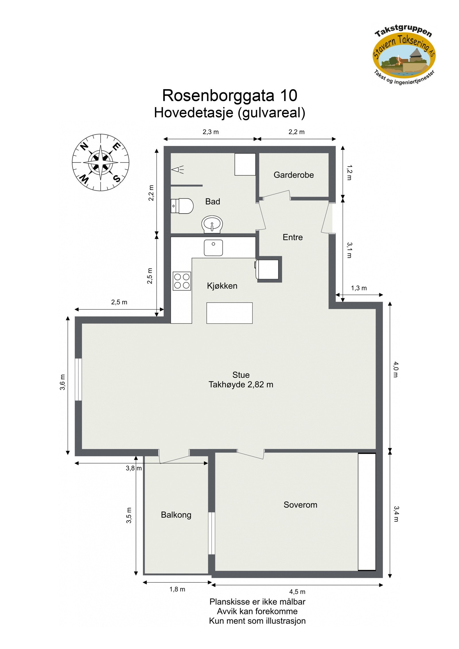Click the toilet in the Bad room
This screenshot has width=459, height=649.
tap(182, 206)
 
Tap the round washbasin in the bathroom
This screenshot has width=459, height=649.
tap(212, 224)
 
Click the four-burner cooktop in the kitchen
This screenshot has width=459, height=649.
tap(182, 281)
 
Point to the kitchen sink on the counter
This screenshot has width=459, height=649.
tap(213, 247)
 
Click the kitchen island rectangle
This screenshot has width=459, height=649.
tap(229, 313)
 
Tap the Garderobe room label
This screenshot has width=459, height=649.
tap(293, 175)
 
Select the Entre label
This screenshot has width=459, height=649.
tap(292, 237)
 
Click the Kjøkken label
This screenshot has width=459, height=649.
tap(222, 286)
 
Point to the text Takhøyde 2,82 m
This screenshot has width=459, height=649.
tap(241, 385)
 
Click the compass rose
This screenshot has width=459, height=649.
tap(100, 162)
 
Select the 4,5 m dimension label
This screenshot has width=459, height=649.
tap(297, 592)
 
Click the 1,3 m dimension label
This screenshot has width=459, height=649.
tap(359, 288)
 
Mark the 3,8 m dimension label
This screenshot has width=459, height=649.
tap(133, 468)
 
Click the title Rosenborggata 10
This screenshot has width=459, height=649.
tap(229, 95)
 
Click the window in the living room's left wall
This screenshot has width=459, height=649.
tap(78, 379)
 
